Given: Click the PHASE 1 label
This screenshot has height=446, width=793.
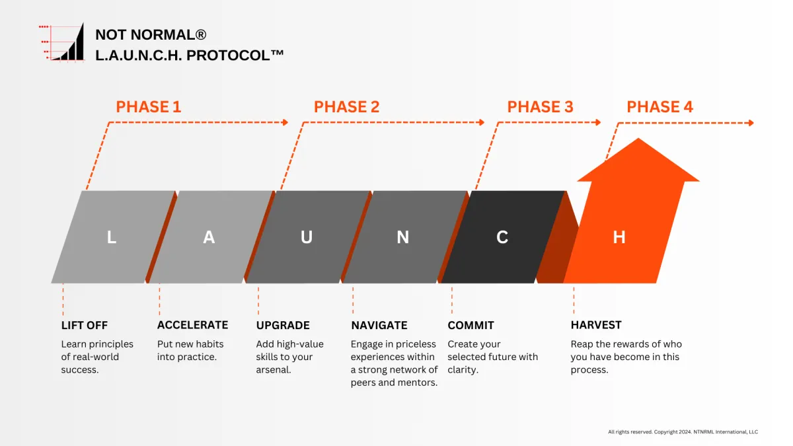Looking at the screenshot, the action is click(x=148, y=107).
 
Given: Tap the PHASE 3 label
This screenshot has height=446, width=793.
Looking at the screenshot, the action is click(x=540, y=107).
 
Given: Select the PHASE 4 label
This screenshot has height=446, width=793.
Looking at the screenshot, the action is click(x=660, y=107).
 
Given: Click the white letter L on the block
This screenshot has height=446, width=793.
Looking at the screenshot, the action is click(x=112, y=237).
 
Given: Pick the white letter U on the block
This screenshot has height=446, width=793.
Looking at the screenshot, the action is click(x=307, y=237).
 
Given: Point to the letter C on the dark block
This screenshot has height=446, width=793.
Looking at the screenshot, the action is click(x=502, y=237).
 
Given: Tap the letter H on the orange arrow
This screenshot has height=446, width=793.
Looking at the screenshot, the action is click(x=619, y=237).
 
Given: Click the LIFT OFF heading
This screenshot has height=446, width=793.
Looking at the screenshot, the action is click(x=85, y=325).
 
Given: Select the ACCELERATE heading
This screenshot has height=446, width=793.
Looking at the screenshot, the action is click(x=192, y=325).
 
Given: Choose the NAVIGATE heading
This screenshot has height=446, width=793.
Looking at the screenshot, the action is click(x=379, y=325).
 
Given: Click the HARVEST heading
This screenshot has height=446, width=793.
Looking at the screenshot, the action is click(x=596, y=325).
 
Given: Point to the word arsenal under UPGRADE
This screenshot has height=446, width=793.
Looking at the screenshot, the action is click(x=274, y=370).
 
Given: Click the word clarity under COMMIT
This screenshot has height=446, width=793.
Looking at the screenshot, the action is click(x=463, y=370).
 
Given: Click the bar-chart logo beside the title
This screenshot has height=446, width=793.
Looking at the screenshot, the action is click(x=62, y=42).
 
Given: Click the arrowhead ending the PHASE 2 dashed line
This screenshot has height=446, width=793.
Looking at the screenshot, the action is click(x=482, y=122).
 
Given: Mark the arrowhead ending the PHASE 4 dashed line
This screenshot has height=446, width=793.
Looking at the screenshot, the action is click(x=751, y=123).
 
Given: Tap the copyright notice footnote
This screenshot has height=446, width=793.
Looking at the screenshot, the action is click(x=683, y=432).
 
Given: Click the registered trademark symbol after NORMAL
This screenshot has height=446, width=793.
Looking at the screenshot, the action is click(x=200, y=34).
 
